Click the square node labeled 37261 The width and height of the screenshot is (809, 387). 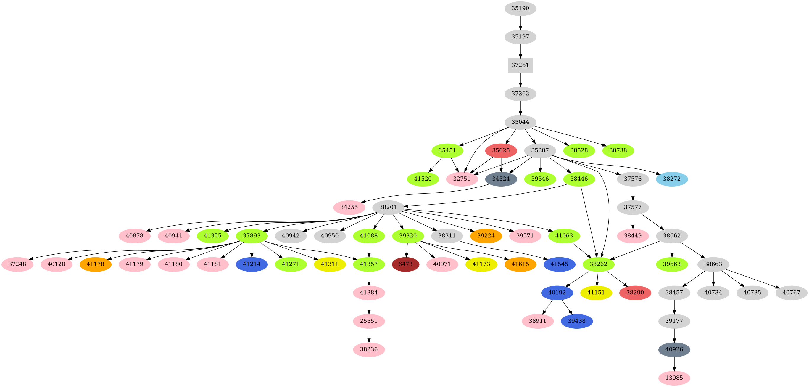pyautogui.click(x=520, y=65)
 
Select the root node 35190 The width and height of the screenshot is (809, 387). pyautogui.click(x=520, y=9)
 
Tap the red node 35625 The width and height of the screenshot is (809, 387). pyautogui.click(x=501, y=151)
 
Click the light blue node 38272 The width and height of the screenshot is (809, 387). pyautogui.click(x=672, y=179)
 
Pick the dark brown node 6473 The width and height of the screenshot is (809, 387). pyautogui.click(x=405, y=264)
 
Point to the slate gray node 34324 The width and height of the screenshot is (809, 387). pyautogui.click(x=501, y=179)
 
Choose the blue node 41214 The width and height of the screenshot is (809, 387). pyautogui.click(x=252, y=264)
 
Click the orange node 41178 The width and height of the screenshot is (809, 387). pyautogui.click(x=96, y=264)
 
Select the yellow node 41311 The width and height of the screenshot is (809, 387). pyautogui.click(x=330, y=264)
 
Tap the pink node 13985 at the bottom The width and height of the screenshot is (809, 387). pyautogui.click(x=674, y=378)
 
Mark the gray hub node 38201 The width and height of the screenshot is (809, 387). pyautogui.click(x=388, y=208)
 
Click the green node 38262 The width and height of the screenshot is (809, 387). pyautogui.click(x=598, y=264)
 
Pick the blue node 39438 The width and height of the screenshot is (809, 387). pyautogui.click(x=577, y=321)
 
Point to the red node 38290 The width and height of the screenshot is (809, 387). pyautogui.click(x=635, y=293)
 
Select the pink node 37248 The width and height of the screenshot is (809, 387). pyautogui.click(x=17, y=264)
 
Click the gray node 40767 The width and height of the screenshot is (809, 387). pyautogui.click(x=791, y=293)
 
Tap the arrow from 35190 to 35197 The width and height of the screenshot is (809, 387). pyautogui.click(x=520, y=23)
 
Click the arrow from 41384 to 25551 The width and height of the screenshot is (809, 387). pyautogui.click(x=369, y=307)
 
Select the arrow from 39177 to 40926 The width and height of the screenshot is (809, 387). pyautogui.click(x=674, y=335)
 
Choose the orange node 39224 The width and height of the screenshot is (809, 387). pyautogui.click(x=486, y=236)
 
